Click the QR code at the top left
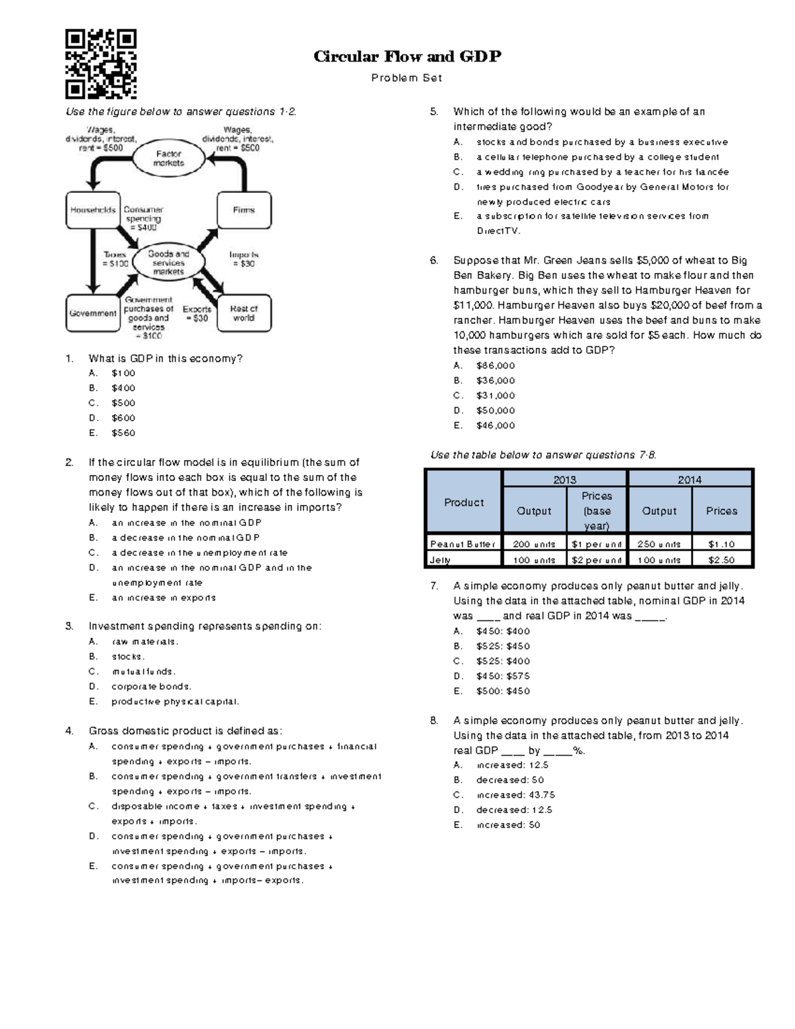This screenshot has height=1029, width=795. tap(101, 64)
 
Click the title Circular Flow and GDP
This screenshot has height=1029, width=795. tap(407, 56)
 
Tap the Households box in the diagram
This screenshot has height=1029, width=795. tap(93, 210)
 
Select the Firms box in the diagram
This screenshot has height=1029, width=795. tap(244, 210)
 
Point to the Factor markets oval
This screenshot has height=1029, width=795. tap(168, 158)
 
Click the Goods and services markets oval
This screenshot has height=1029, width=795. tap(168, 263)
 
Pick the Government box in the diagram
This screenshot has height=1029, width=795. tap(93, 313)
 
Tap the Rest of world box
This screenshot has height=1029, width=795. tap(244, 313)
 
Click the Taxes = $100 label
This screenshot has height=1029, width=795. tap(115, 259)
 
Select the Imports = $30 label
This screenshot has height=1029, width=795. tap(243, 259)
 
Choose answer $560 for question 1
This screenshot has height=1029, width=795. tap(123, 433)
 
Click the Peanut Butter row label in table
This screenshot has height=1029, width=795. tap(462, 544)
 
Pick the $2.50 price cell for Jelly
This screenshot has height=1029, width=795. tap(721, 560)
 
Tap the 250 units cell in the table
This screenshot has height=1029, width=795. tap(659, 544)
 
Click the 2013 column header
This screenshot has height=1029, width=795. tap(564, 480)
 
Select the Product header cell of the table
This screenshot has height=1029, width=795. tap(464, 502)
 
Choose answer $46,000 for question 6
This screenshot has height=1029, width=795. tap(495, 425)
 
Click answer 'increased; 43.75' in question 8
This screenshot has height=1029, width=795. tap(515, 794)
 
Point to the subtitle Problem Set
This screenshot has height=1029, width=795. tap(407, 78)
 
